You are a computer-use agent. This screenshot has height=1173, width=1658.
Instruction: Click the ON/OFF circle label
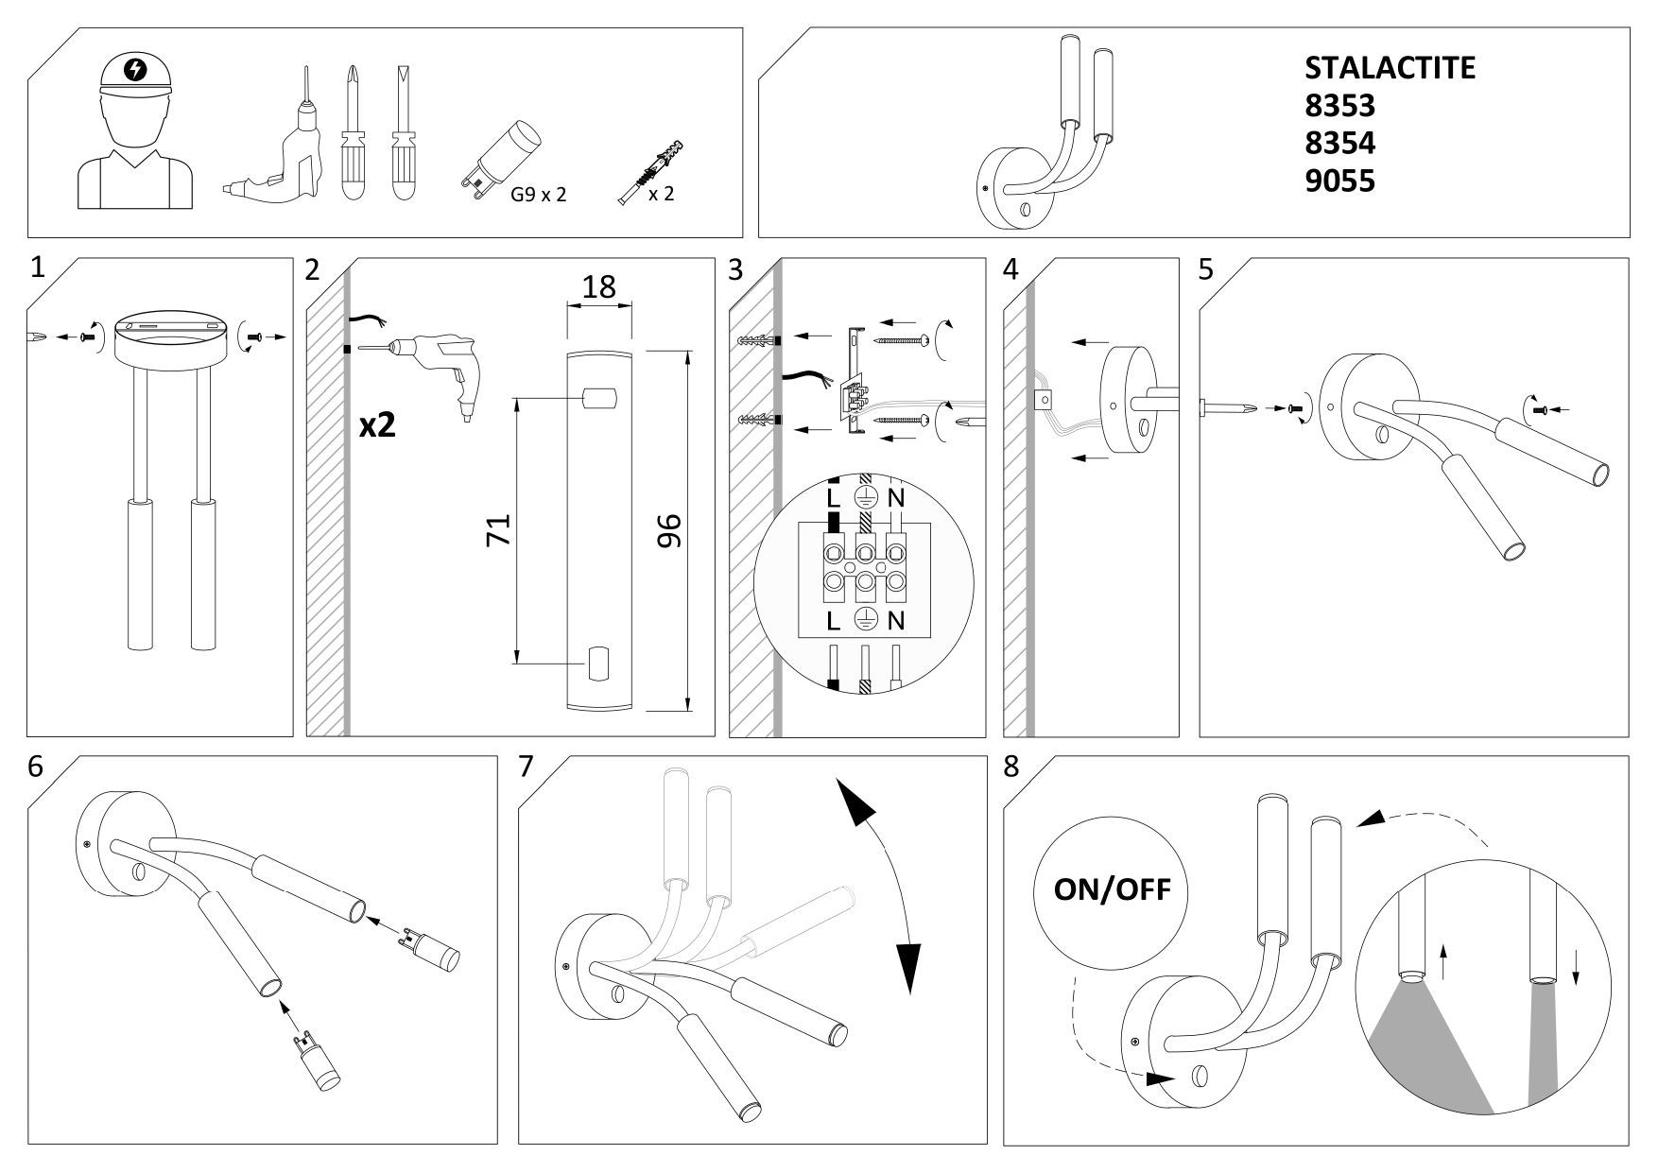[1111, 888]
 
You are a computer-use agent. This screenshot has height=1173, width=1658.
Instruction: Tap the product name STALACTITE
[1389, 67]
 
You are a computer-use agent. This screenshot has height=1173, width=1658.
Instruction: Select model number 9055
[1339, 181]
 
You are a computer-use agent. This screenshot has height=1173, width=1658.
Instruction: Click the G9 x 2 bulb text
[538, 196]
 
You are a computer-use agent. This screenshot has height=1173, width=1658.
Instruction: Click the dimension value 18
[598, 285]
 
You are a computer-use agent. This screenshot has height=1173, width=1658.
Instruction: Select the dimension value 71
[498, 528]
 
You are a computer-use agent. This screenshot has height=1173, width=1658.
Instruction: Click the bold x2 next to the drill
[377, 425]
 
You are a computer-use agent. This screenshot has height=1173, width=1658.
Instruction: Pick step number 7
[527, 767]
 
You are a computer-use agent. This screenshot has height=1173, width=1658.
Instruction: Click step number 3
[736, 270]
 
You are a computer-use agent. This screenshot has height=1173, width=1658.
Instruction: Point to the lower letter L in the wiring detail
[832, 621]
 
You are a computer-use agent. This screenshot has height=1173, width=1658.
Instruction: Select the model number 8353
[1339, 105]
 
